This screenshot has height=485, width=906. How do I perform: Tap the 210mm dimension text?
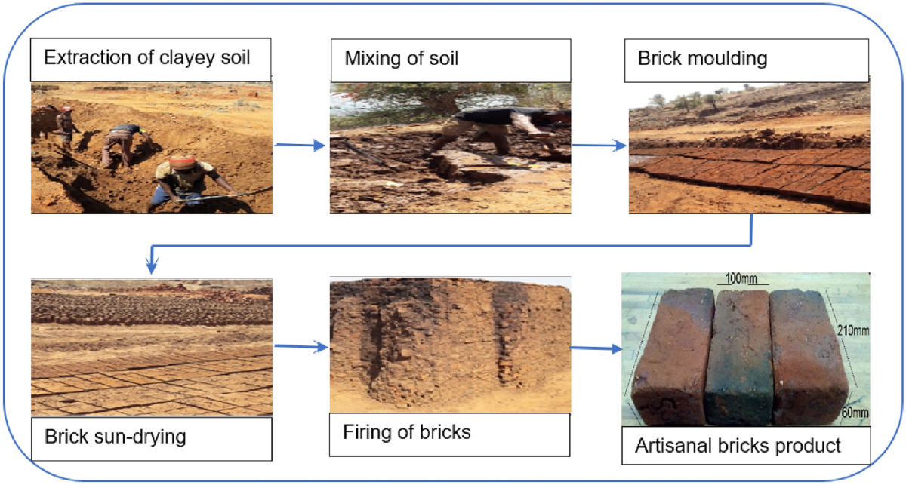(850, 330)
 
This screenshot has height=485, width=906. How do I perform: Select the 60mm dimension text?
(853, 413)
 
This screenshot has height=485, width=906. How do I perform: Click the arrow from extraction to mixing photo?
(300, 146)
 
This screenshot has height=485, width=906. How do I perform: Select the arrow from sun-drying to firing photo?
(300, 348)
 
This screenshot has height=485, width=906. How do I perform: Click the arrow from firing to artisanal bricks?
(594, 348)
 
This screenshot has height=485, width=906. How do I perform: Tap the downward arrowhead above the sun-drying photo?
(152, 266)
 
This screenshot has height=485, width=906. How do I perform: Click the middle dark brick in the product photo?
(741, 355)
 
